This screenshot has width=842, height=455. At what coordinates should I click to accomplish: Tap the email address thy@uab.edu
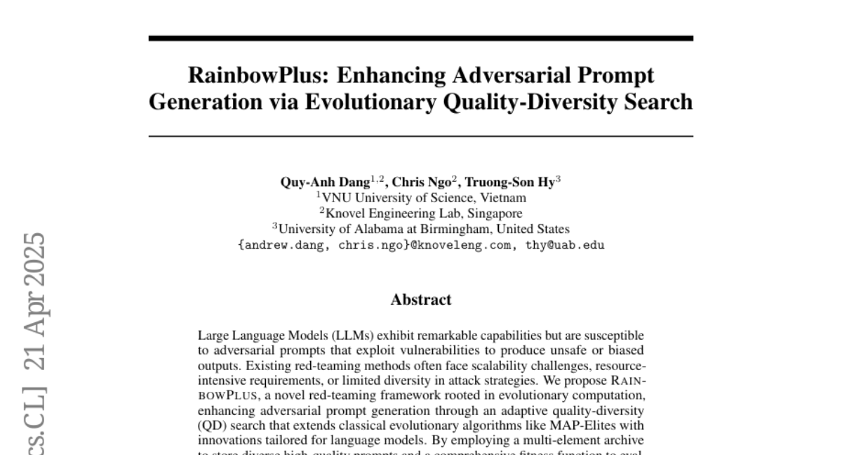coord(565,245)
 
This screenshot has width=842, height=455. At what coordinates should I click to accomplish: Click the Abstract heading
coord(421,300)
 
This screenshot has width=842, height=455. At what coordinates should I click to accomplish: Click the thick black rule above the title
coord(421,39)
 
